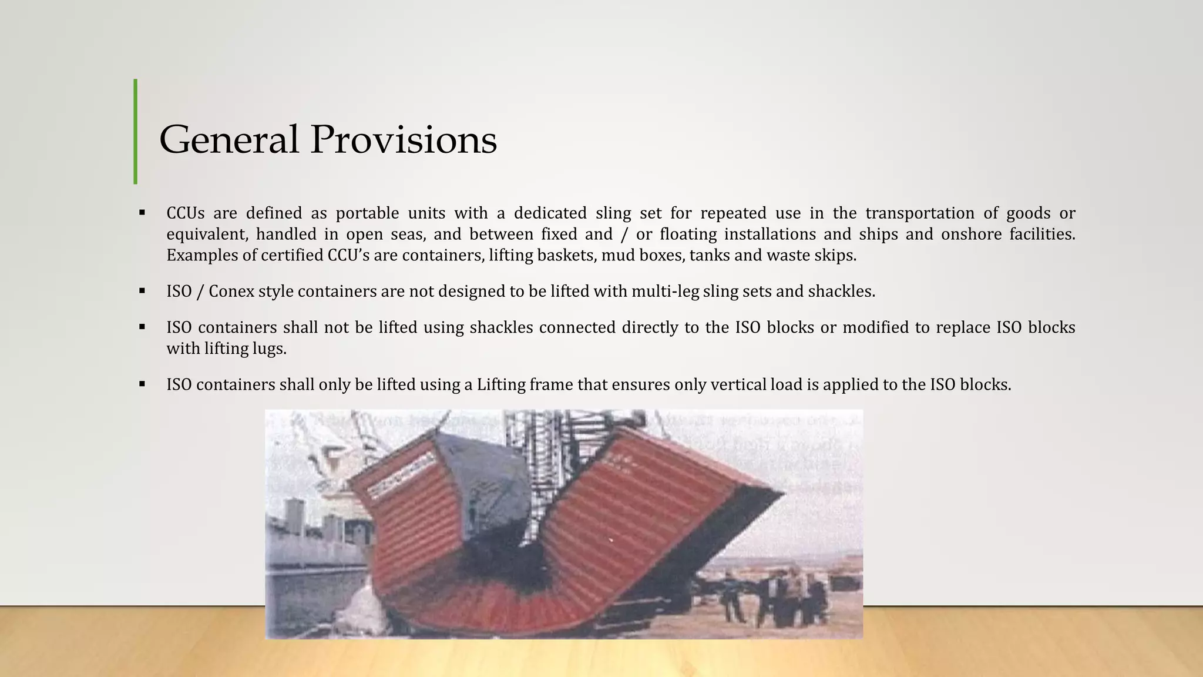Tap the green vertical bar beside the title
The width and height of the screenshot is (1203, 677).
pyautogui.click(x=136, y=132)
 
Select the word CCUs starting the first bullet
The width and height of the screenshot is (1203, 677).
pyautogui.click(x=185, y=213)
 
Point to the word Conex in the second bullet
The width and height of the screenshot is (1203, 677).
pyautogui.click(x=231, y=291)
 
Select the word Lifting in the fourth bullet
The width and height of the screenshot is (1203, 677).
pyautogui.click(x=500, y=385)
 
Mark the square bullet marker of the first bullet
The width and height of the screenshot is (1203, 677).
pyautogui.click(x=142, y=213)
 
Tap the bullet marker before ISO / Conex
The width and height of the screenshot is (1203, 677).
pyautogui.click(x=142, y=291)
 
